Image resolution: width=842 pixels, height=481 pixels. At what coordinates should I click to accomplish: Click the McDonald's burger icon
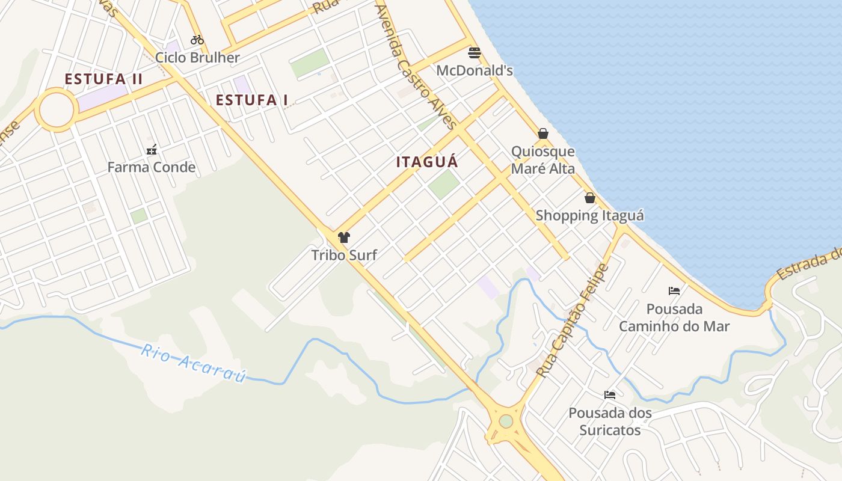pos(475,53)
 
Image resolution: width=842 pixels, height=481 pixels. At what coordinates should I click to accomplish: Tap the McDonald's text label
pos(475,70)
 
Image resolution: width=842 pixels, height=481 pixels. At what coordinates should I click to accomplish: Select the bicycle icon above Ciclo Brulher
pos(197,40)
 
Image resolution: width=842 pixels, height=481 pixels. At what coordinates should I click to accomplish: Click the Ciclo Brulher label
pos(197,58)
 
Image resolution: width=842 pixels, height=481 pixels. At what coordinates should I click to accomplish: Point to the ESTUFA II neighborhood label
pos(103,79)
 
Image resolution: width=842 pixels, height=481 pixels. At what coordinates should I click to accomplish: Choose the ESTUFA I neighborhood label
pos(252,100)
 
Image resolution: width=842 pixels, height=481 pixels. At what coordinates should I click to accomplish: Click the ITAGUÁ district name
pos(427,162)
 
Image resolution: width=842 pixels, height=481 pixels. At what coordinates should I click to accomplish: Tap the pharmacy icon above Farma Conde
pos(152,149)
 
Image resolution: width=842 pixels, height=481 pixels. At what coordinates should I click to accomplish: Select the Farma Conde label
pos(152,167)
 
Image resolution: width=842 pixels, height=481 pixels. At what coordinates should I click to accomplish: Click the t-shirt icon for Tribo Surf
pos(344,237)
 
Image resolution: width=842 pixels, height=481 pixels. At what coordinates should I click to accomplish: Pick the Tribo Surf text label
pos(344,255)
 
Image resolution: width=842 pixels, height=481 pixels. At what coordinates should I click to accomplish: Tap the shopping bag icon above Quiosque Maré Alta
pos(543,133)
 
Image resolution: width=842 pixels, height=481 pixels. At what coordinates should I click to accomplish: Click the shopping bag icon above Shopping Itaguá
pos(590,198)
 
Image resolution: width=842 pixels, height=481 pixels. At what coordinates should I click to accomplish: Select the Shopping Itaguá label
pos(590,215)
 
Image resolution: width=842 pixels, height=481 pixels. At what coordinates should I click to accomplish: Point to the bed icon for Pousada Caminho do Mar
pos(674,291)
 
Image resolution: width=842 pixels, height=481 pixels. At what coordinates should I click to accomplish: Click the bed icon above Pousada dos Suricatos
pos(610,395)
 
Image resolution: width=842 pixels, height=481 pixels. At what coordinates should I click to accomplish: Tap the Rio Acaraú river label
pos(194,363)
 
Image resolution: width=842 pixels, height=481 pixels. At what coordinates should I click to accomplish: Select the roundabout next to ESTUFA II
pos(57,109)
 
